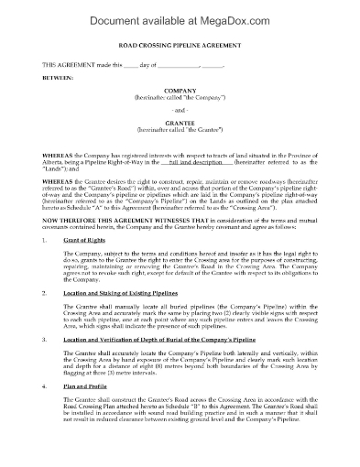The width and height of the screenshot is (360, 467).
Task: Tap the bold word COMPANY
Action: coord(180,117)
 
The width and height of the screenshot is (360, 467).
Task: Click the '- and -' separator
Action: coord(180,141)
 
